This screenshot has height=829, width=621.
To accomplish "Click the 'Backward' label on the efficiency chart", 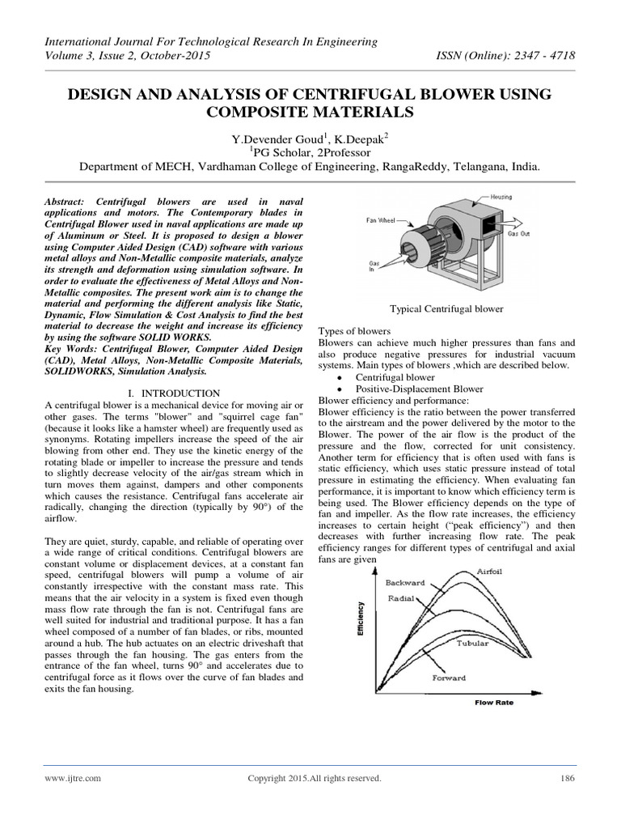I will [x=404, y=582].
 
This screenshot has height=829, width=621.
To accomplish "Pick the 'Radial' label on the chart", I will [x=400, y=598].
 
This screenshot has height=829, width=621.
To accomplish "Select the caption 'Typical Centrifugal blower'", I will [x=446, y=308].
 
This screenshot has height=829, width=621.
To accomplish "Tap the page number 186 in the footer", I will [x=566, y=778].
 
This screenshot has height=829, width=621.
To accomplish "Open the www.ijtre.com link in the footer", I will [x=74, y=778].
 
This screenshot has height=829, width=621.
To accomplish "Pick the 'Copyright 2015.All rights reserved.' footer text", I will [x=314, y=778].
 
